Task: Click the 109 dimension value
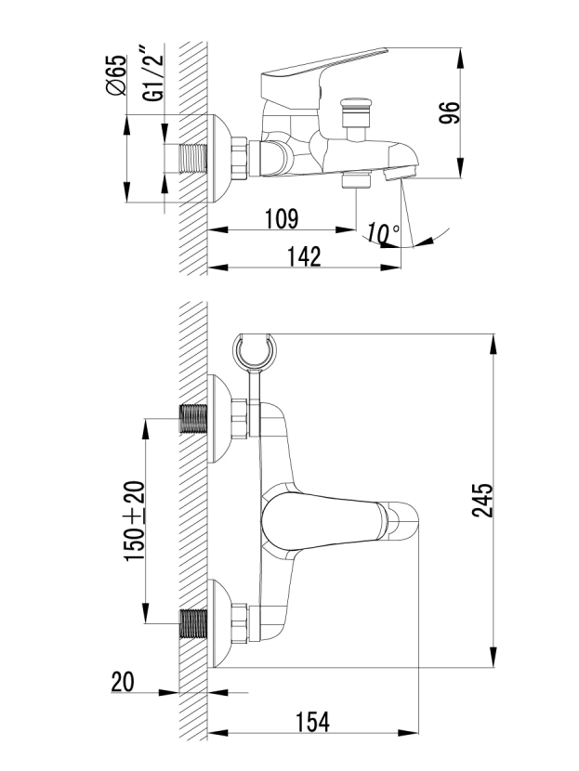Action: [280, 219]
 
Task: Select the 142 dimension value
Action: [303, 257]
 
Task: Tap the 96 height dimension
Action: [450, 112]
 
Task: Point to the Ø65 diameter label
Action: [116, 75]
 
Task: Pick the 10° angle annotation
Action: [382, 232]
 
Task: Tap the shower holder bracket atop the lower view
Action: [255, 352]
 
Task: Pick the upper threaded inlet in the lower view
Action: [192, 420]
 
